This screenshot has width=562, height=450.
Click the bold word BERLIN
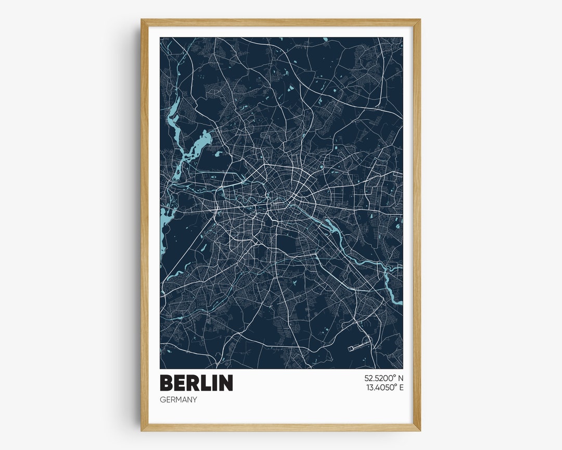(x=196, y=383)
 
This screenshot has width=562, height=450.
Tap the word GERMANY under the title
(x=178, y=399)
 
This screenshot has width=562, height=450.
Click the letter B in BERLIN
(x=167, y=383)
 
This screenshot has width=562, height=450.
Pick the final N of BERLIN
(x=226, y=383)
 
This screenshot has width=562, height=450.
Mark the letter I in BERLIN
(x=212, y=383)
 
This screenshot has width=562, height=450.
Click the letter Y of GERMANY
(x=195, y=399)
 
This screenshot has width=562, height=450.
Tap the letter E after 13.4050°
(x=401, y=387)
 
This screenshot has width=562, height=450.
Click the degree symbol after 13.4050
(x=394, y=385)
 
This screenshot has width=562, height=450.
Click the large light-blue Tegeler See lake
(x=200, y=144)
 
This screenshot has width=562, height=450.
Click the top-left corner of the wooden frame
(x=142, y=20)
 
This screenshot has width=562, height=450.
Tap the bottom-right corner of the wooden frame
(x=419, y=430)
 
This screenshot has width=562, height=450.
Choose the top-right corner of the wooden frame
(x=419, y=20)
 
